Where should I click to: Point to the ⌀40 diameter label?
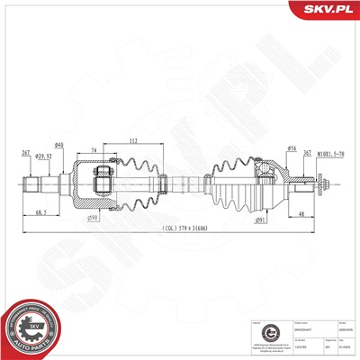pos(58,146)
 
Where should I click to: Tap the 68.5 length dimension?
pos(41,212)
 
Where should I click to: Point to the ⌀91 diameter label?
pos(259,218)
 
